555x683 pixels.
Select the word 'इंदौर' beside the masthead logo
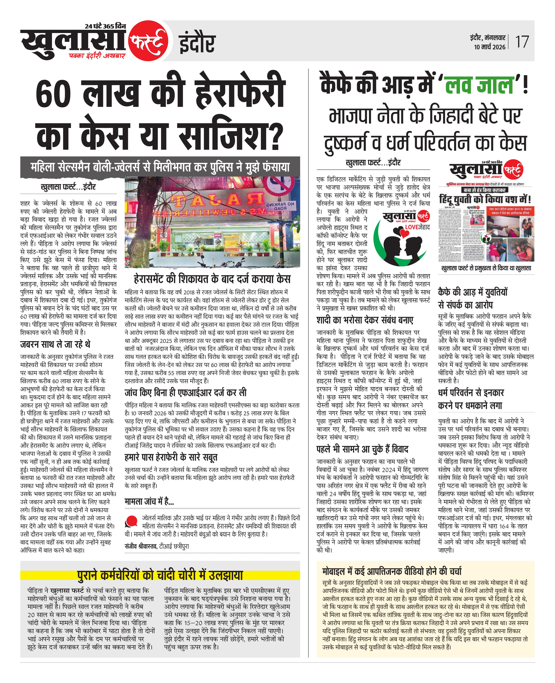pyautogui.click(x=197, y=44)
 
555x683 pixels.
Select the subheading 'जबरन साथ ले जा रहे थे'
pyautogui.click(x=55, y=344)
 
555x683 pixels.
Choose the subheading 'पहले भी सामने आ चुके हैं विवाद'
pyautogui.click(x=362, y=449)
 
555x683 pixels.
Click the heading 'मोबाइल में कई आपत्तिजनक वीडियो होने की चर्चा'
pyautogui.click(x=392, y=571)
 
